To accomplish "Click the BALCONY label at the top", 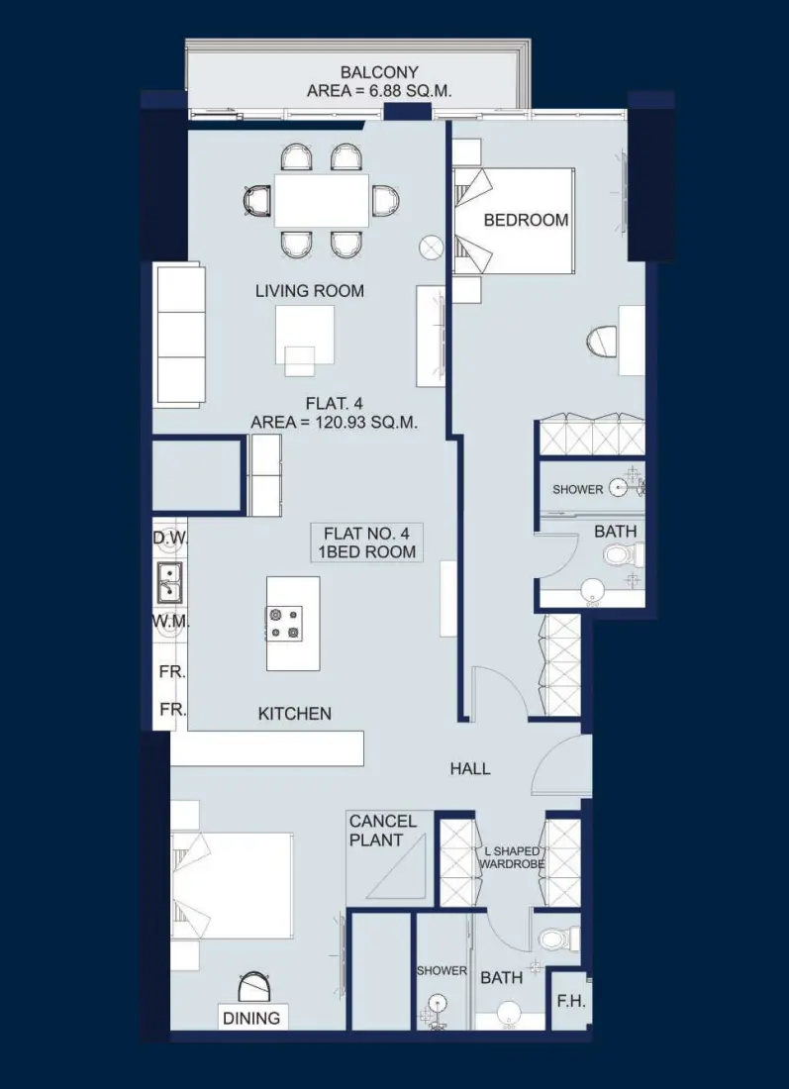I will [x=379, y=72].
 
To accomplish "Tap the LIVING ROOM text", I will [x=310, y=291].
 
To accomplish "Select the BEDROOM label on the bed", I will [x=526, y=220].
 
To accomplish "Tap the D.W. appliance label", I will [x=170, y=538].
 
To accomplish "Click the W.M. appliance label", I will [x=170, y=622].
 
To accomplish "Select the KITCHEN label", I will [x=295, y=713].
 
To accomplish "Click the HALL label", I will [x=470, y=768].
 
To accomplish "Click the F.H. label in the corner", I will [x=571, y=1001].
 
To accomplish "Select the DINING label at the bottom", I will [x=251, y=1018].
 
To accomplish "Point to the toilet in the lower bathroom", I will [x=552, y=938].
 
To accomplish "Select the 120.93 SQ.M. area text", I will [x=335, y=422].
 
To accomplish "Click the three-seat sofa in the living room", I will [x=178, y=334].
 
